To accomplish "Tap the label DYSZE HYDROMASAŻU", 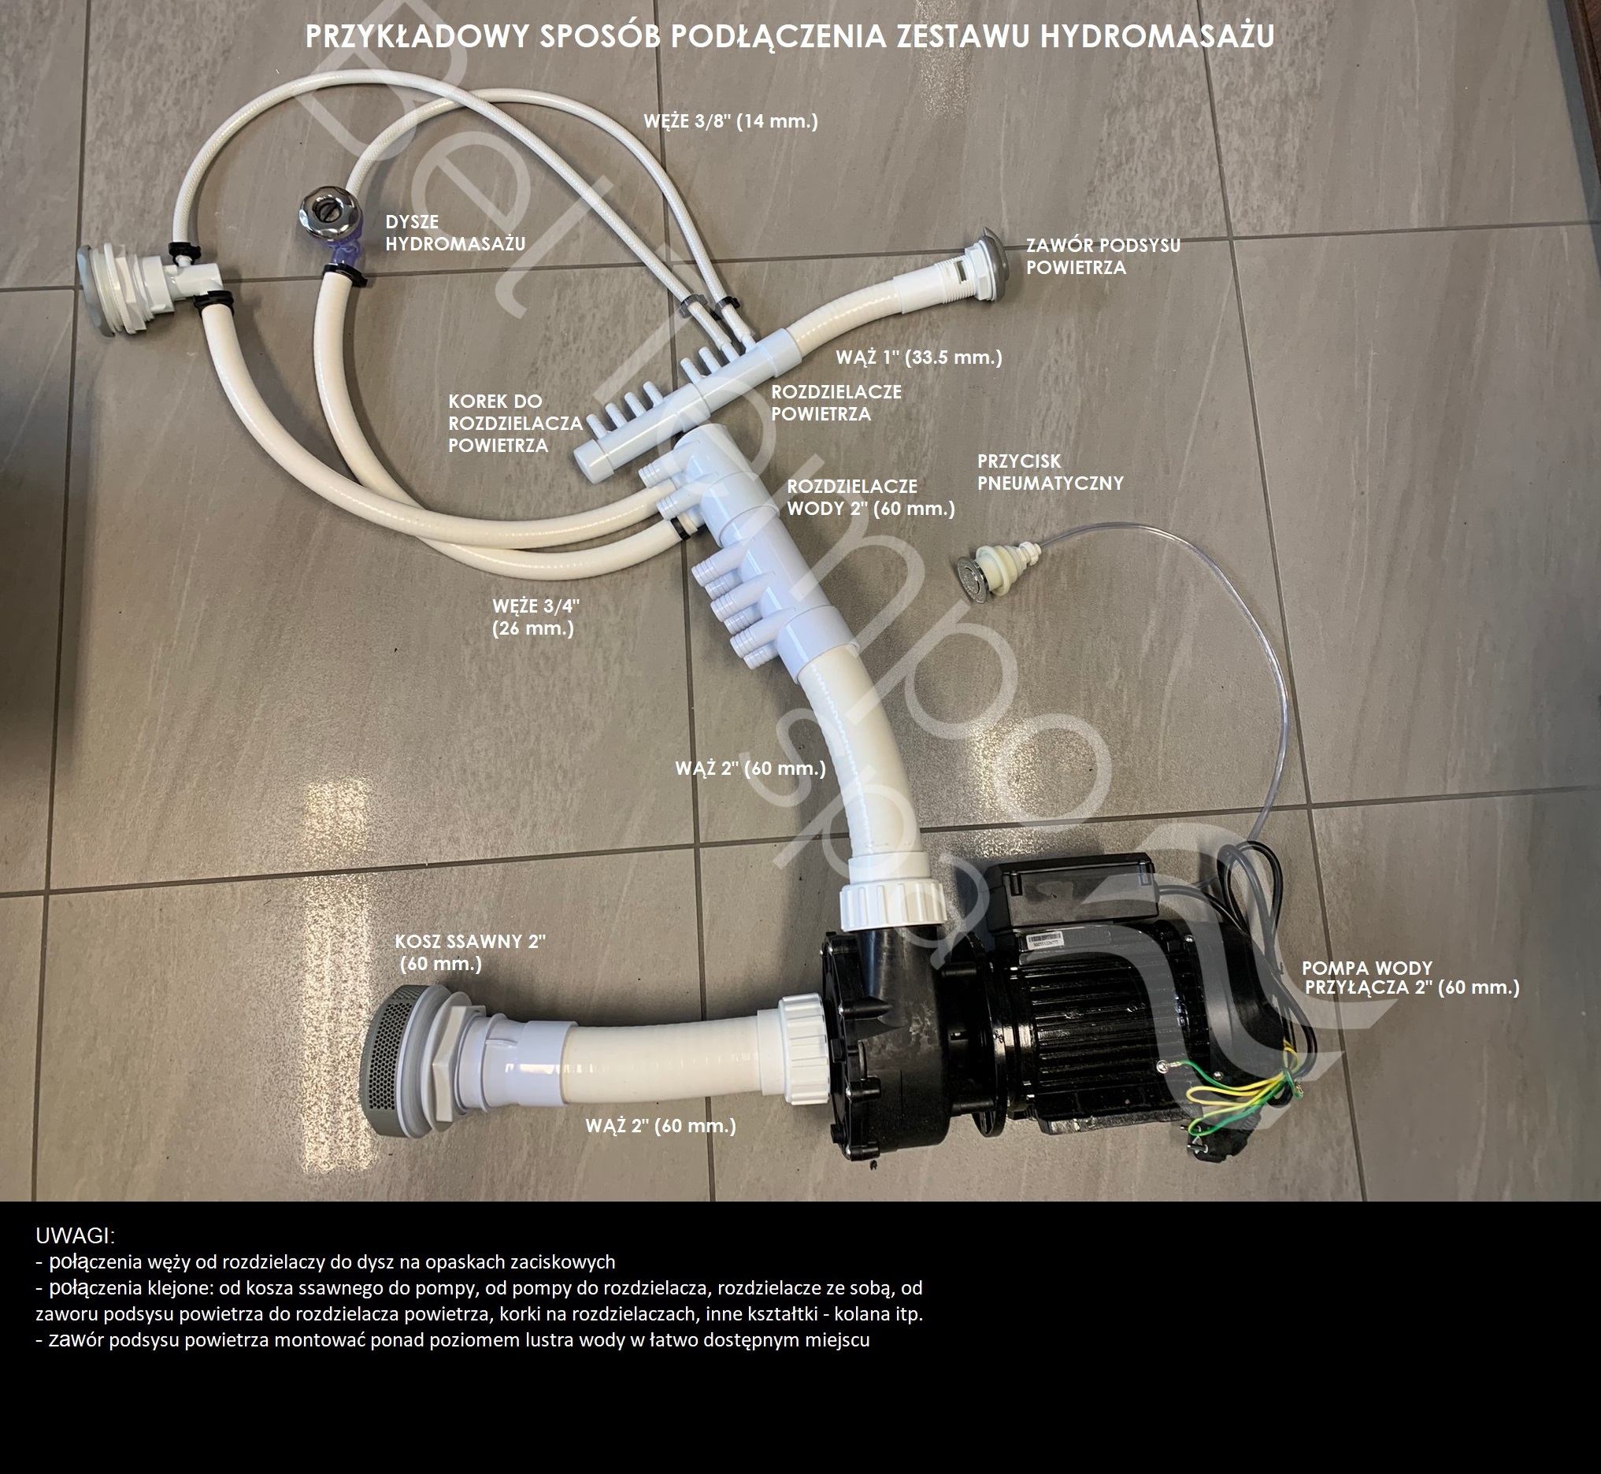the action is pos(455,233).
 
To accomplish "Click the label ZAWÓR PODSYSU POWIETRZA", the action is pos(1103,256).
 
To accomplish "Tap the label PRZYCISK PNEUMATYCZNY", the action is pos(1051,472).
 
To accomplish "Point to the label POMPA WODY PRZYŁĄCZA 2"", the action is pos(1410,978).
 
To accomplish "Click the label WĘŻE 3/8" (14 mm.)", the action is pos(731,121).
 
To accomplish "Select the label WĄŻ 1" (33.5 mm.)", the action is pos(919,357).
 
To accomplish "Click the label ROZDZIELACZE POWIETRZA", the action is pos(836,403).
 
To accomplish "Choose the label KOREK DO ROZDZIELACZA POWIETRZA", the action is pos(515,423).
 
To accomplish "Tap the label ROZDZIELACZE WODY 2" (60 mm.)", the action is pos(870,497).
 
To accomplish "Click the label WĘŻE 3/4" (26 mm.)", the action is pos(536,617).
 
